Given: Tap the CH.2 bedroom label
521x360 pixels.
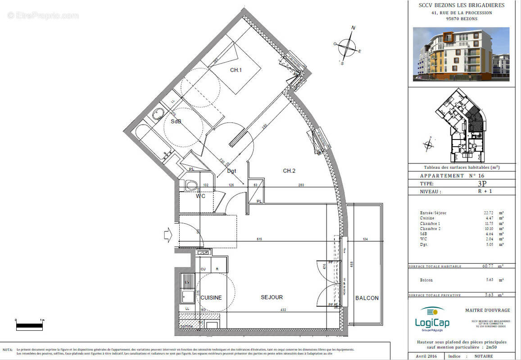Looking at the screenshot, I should (289, 171).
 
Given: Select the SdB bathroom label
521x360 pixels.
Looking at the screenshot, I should (176, 121).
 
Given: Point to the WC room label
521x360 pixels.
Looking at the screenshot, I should (201, 196).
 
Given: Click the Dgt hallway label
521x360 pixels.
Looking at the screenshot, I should (231, 171).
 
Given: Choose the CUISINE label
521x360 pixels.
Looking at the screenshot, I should (211, 297).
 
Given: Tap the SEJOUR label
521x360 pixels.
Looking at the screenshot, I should (272, 297).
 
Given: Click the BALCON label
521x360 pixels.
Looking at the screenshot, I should (367, 298).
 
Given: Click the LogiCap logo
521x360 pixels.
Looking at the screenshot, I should (432, 318).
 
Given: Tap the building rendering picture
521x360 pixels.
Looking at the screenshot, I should (461, 54).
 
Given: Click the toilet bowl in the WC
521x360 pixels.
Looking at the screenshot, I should (191, 185).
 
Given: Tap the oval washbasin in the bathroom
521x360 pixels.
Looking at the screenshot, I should (158, 114).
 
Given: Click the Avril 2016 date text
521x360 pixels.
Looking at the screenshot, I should (426, 355).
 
